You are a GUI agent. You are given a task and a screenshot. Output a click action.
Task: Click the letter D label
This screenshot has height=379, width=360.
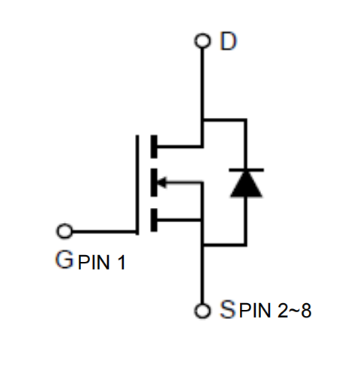click(228, 41)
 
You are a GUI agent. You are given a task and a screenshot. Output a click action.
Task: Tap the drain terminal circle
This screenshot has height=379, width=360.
click(202, 41)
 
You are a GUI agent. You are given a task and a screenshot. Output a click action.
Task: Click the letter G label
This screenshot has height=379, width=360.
click(64, 260)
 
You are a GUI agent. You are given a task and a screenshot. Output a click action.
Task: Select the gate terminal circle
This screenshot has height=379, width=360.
click(64, 231)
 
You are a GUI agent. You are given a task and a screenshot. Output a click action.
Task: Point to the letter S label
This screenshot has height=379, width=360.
click(227, 309)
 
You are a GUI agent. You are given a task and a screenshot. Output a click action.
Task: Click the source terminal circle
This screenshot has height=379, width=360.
click(202, 311)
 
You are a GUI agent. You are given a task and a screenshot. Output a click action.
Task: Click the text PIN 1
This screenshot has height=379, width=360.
click(101, 263)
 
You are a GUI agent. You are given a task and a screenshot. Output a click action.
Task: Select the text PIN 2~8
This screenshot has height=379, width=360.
click(275, 311)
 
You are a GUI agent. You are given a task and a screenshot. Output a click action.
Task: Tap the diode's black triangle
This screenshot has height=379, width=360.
click(246, 185)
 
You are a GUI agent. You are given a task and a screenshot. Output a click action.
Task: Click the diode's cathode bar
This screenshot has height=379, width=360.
click(246, 170)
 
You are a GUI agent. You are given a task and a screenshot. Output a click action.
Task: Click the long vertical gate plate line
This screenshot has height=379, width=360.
click(137, 185)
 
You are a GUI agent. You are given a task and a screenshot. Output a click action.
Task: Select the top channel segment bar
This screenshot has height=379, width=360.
click(154, 146)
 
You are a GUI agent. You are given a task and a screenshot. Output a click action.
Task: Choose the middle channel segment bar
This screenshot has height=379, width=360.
click(154, 182)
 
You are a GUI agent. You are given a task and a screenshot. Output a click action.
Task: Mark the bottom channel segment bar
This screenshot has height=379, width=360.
click(154, 220)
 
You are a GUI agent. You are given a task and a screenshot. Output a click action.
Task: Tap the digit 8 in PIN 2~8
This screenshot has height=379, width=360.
click(306, 311)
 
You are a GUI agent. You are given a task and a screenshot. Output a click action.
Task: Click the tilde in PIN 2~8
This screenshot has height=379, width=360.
click(295, 311)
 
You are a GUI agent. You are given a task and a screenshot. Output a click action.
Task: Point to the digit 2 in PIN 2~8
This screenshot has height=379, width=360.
click(283, 311)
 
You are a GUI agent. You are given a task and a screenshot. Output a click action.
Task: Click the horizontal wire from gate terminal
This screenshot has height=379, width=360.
click(104, 232)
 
